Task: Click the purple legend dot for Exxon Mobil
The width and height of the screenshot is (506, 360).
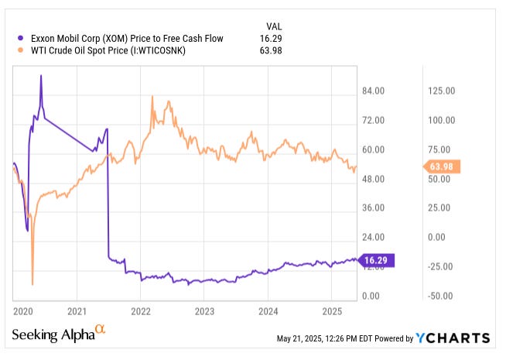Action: tap(19, 36)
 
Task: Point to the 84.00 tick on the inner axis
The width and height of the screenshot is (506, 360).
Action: tap(373, 91)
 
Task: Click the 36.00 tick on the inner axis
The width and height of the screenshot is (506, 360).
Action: tap(373, 208)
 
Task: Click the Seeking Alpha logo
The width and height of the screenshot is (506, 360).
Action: tap(58, 334)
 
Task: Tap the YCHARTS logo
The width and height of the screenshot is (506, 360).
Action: tap(453, 338)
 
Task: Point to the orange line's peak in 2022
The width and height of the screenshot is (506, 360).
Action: tap(152, 97)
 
